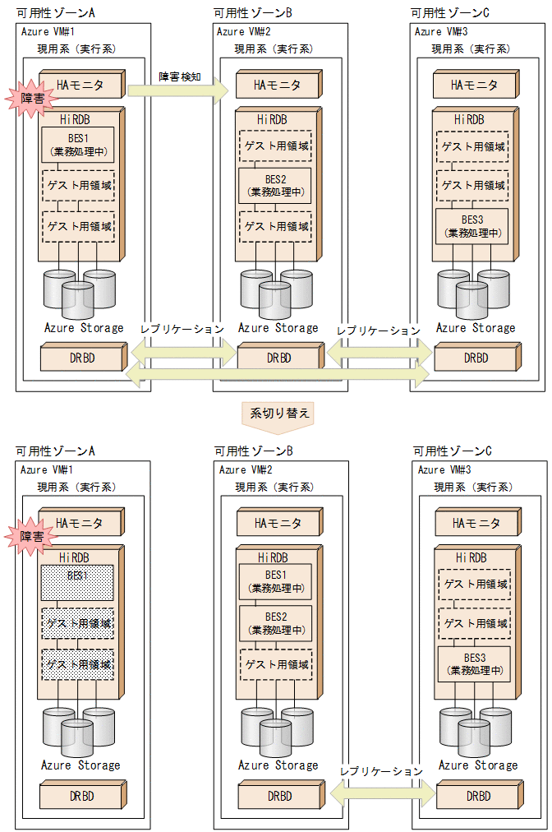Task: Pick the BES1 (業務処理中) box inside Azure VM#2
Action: pos(275,580)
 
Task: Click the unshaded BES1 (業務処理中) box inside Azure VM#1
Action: pos(77,144)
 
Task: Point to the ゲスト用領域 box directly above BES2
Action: pos(275,146)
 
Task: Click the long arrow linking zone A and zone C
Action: pos(279,376)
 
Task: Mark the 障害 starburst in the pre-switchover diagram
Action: pos(27,99)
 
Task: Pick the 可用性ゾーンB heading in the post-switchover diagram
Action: pos(253,451)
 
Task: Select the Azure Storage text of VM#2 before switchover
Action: pos(278,328)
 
